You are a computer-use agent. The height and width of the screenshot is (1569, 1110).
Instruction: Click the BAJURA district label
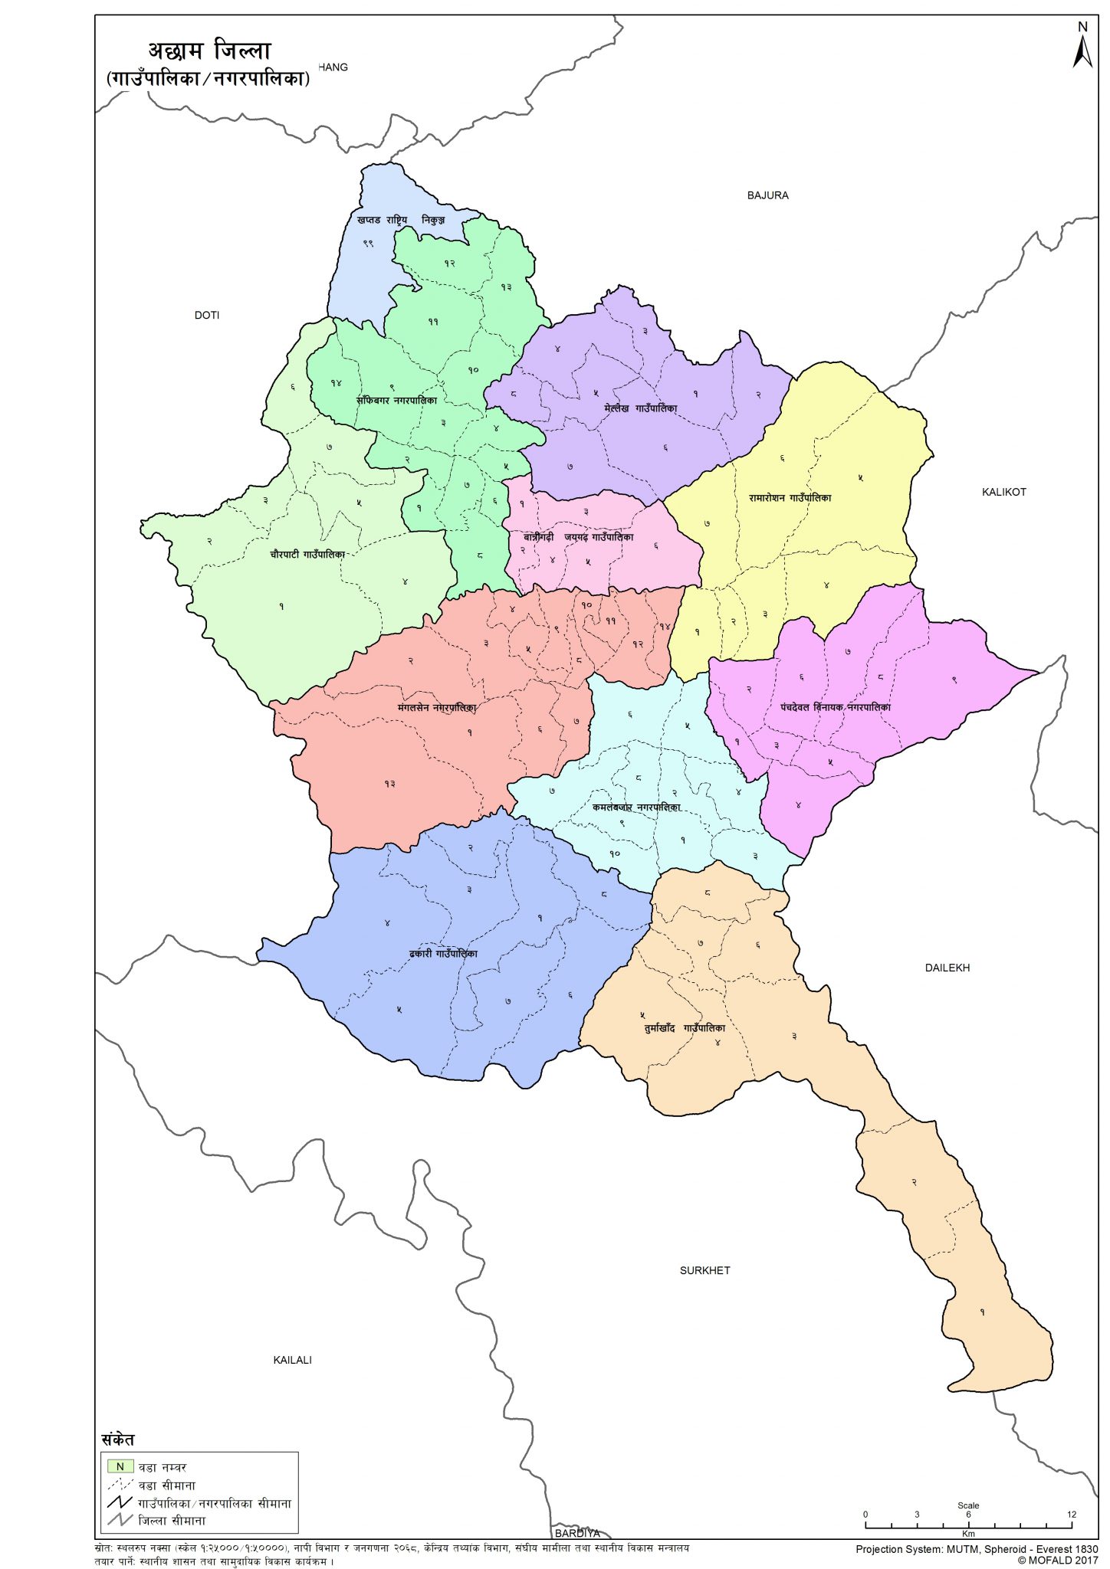click(x=767, y=195)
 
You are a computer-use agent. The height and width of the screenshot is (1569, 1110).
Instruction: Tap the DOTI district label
click(x=206, y=315)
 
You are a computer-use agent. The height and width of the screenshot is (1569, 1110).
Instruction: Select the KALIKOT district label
click(x=1003, y=492)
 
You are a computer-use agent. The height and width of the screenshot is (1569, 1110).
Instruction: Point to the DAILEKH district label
click(x=947, y=968)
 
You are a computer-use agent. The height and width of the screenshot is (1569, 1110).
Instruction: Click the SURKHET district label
click(x=704, y=1270)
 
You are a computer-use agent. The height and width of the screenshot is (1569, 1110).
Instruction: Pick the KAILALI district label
click(x=292, y=1360)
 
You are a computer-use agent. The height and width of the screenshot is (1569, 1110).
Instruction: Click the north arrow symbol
click(x=1082, y=47)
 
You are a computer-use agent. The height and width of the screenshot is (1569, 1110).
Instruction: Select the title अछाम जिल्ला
click(x=209, y=51)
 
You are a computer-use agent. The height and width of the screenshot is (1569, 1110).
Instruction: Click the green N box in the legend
click(x=120, y=1466)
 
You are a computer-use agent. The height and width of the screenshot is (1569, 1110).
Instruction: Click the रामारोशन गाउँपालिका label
click(x=790, y=498)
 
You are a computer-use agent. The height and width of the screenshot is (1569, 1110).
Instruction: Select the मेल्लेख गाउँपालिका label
click(x=640, y=409)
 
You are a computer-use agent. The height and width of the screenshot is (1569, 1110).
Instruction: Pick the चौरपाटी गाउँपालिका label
click(x=307, y=554)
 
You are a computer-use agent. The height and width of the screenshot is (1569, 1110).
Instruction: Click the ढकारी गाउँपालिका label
click(x=443, y=954)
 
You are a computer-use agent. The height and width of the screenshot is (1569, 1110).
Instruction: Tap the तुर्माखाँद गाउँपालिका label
click(x=684, y=1027)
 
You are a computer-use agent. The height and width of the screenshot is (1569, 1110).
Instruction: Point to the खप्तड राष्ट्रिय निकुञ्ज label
click(x=400, y=220)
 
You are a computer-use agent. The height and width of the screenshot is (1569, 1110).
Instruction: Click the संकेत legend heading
click(x=117, y=1440)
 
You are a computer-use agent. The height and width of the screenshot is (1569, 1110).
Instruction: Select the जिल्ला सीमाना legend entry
click(x=171, y=1521)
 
